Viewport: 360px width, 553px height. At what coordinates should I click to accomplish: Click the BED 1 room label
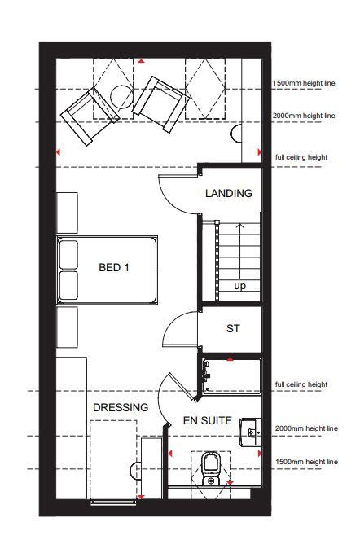(114, 267)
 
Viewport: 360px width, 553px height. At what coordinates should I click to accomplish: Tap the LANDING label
(229, 193)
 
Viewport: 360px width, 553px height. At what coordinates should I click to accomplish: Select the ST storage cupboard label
(233, 329)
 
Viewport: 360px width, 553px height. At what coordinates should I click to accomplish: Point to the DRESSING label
(121, 408)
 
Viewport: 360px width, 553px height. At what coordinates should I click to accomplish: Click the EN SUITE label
(208, 420)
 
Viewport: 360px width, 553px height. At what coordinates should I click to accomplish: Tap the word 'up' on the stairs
(239, 286)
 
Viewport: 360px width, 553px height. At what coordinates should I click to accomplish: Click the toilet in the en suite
(211, 469)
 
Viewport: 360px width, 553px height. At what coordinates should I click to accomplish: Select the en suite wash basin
(250, 432)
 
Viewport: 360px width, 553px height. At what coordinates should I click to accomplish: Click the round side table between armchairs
(122, 95)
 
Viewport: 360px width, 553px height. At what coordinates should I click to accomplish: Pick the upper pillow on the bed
(68, 255)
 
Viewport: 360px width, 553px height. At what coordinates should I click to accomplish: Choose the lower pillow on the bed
(68, 285)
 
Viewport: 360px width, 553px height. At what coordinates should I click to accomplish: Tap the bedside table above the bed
(67, 213)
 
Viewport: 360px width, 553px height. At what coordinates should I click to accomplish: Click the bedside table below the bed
(67, 327)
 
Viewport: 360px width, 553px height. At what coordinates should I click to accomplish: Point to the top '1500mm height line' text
(304, 84)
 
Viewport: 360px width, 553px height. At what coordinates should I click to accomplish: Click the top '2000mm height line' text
(304, 116)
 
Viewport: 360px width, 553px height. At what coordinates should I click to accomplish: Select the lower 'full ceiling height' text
(301, 384)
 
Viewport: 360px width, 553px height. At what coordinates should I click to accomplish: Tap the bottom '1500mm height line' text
(306, 462)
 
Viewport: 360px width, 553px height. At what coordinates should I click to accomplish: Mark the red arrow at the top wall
(142, 61)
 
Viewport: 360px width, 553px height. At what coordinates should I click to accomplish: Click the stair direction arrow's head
(240, 226)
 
